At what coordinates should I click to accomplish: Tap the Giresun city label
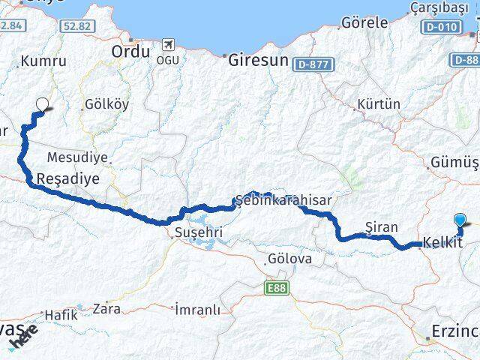(x=258, y=60)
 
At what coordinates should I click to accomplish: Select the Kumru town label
(x=39, y=61)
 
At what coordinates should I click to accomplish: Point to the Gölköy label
(x=107, y=104)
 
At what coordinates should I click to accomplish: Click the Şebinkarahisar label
(x=283, y=201)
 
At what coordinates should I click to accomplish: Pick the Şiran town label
(x=379, y=226)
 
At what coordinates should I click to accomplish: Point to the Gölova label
(x=289, y=259)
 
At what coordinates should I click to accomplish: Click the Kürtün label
(x=379, y=104)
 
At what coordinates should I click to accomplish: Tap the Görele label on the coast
(x=364, y=23)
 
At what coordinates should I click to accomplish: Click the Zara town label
(x=105, y=307)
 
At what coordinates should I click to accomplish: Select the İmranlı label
(x=197, y=309)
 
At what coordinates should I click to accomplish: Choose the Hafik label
(x=61, y=315)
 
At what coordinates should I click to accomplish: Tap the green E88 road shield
(x=276, y=286)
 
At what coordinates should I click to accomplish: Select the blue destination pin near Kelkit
(x=460, y=220)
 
